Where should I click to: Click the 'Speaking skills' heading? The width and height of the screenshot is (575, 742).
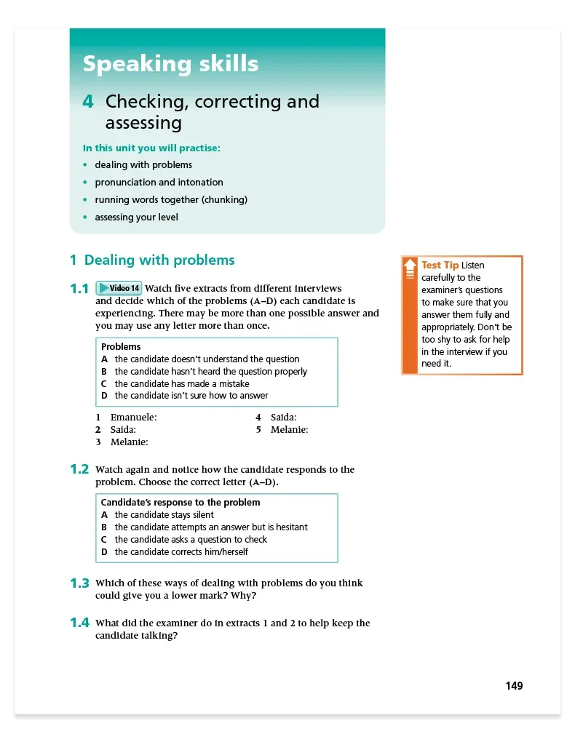click(170, 64)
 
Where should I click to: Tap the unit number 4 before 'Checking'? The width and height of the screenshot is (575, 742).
click(88, 102)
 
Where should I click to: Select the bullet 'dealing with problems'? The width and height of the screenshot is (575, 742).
click(143, 165)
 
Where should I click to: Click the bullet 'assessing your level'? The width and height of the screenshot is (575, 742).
click(136, 218)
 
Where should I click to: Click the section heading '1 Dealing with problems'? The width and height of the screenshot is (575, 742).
click(152, 260)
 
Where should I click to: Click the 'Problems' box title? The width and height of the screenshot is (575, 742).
click(121, 347)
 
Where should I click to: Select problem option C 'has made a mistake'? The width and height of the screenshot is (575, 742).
click(181, 384)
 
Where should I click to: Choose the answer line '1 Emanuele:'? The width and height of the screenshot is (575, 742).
click(127, 418)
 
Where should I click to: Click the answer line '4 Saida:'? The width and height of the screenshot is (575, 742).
click(276, 418)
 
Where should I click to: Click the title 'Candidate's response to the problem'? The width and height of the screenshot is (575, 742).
click(181, 503)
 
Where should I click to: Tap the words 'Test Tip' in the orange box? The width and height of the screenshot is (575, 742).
click(440, 266)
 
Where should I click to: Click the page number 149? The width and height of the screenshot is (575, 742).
click(514, 686)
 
